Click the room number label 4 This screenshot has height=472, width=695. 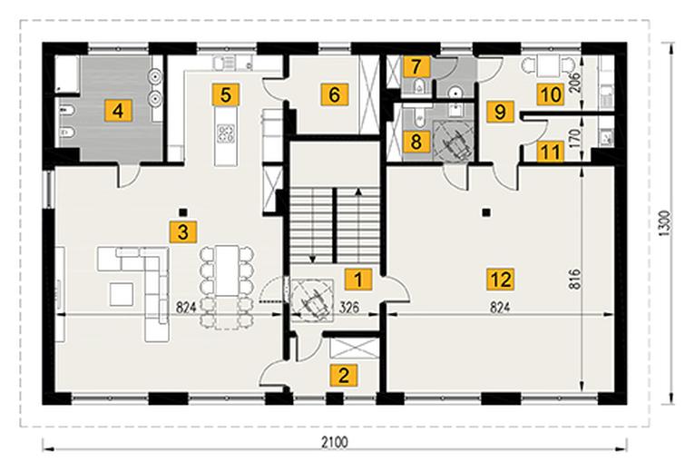click(x=118, y=110)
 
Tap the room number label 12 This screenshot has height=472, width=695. click(x=501, y=279)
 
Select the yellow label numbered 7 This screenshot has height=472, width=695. click(x=416, y=67)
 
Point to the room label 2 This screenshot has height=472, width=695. click(x=344, y=376)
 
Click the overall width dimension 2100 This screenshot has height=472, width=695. click(x=335, y=442)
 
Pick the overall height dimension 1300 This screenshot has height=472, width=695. click(x=666, y=222)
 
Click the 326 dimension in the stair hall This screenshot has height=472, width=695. click(x=349, y=307)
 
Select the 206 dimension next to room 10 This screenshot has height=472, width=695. click(x=574, y=82)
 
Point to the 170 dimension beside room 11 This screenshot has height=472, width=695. click(x=574, y=138)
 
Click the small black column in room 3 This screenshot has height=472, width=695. click(x=182, y=211)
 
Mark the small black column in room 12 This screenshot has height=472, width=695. click(x=486, y=212)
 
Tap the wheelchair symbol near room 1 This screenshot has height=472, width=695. click(x=312, y=299)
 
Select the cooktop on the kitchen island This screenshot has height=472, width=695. click(x=225, y=133)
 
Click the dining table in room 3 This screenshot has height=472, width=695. click(x=227, y=271)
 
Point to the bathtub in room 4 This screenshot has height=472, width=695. click(x=67, y=74)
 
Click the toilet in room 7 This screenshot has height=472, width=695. click(x=419, y=86)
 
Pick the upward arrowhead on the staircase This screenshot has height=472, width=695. click(x=358, y=192)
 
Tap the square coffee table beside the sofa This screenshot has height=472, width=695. click(x=122, y=294)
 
